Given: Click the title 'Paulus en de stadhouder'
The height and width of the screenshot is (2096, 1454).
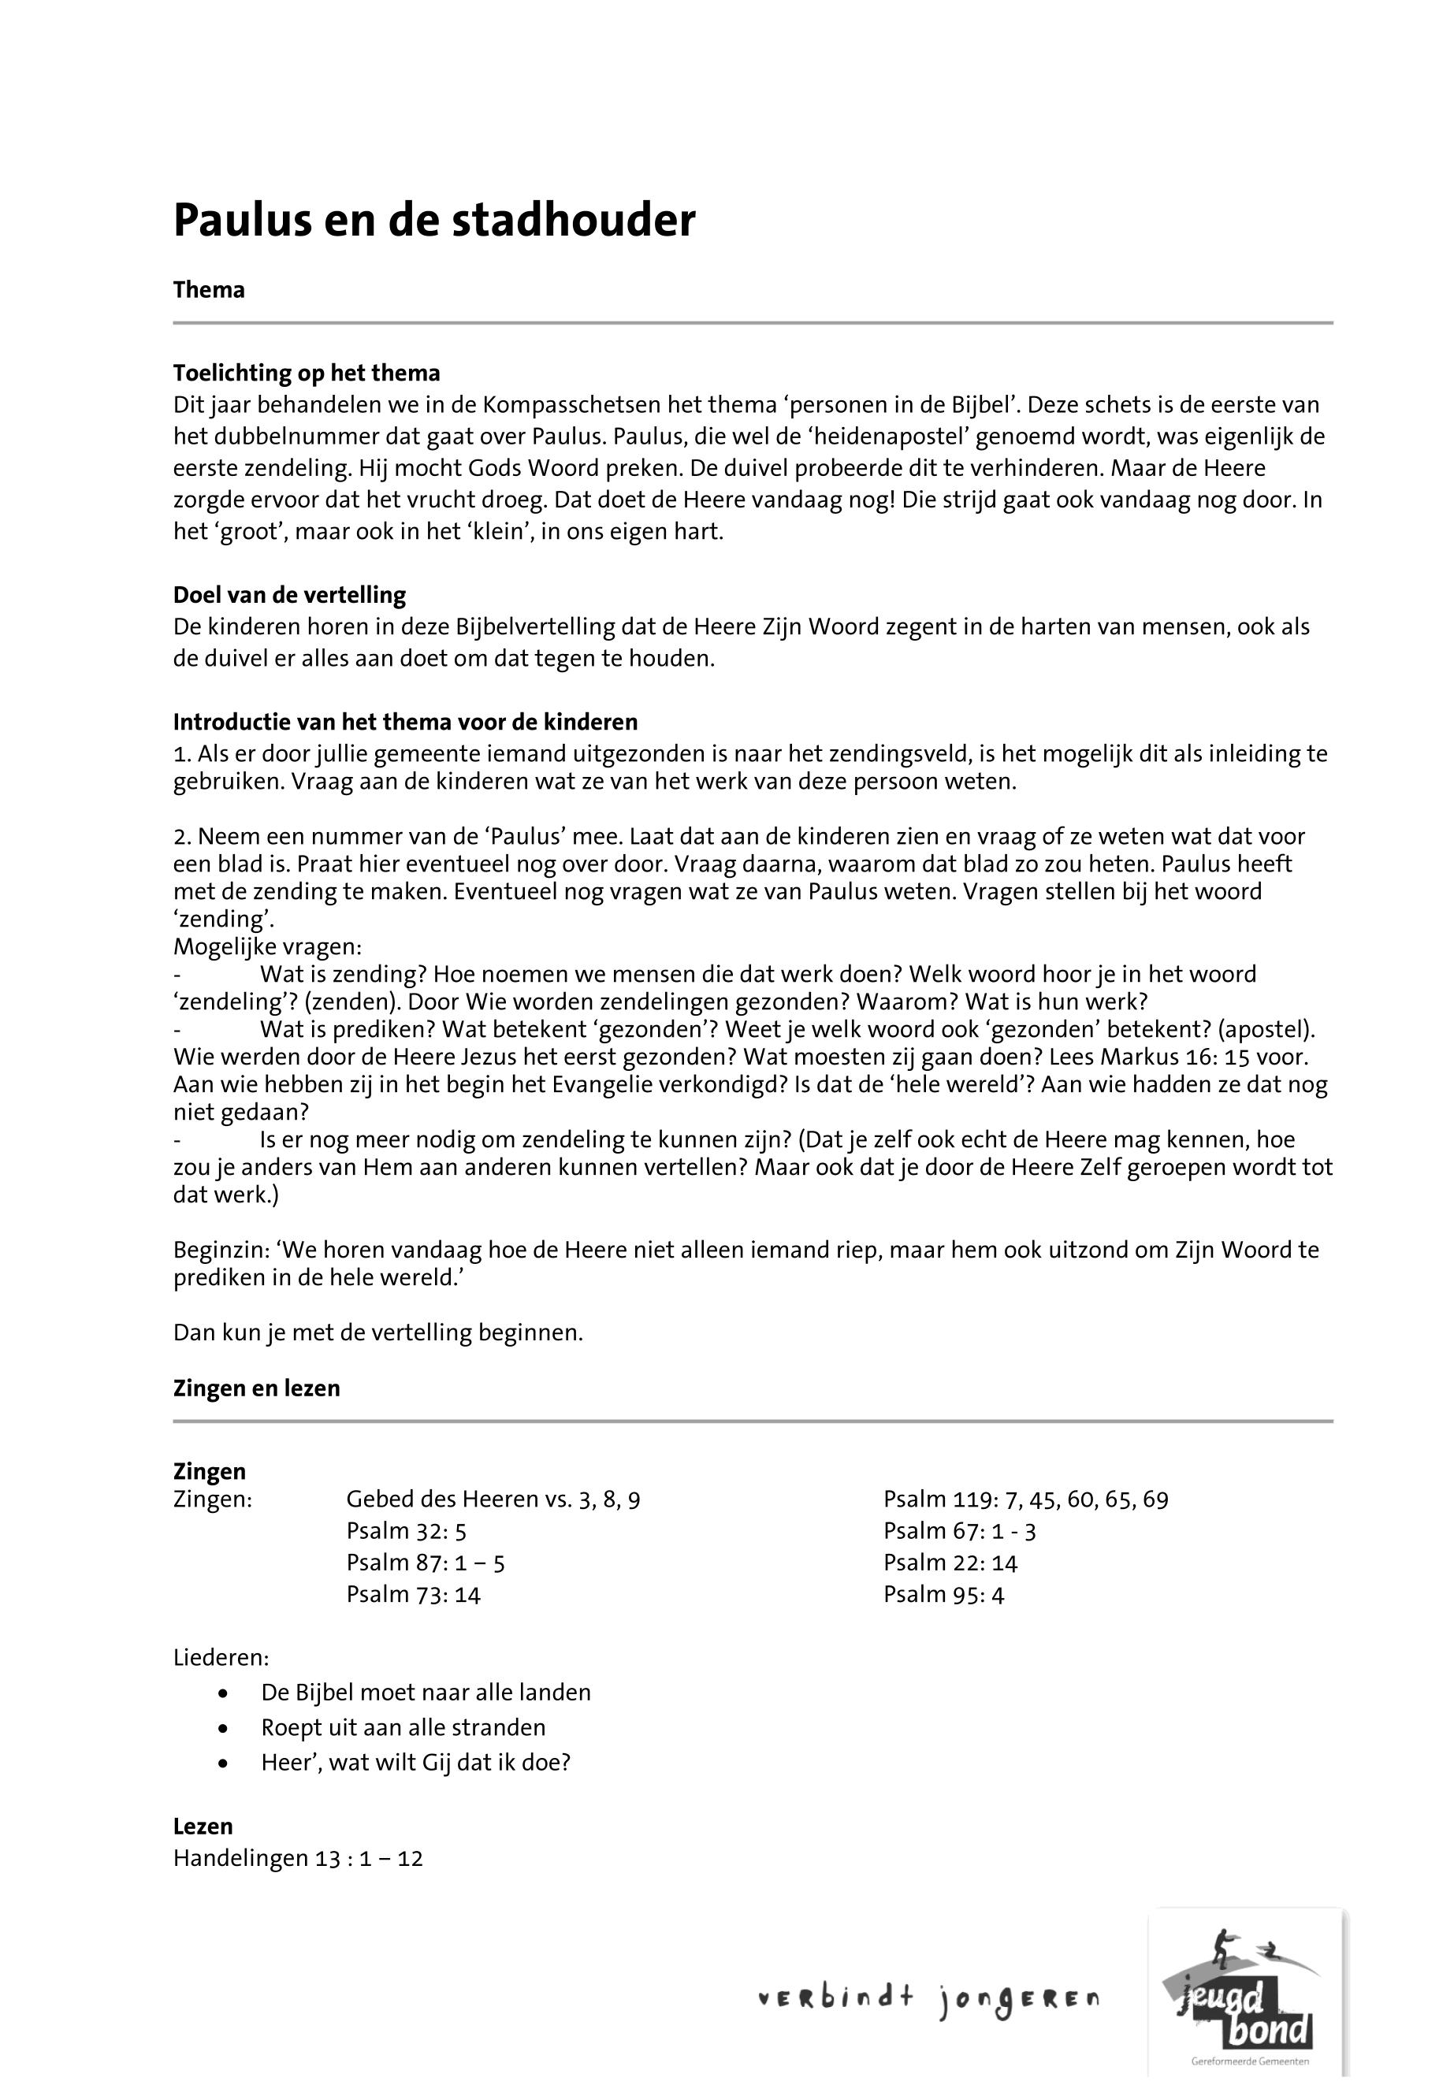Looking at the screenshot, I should (x=433, y=221).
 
